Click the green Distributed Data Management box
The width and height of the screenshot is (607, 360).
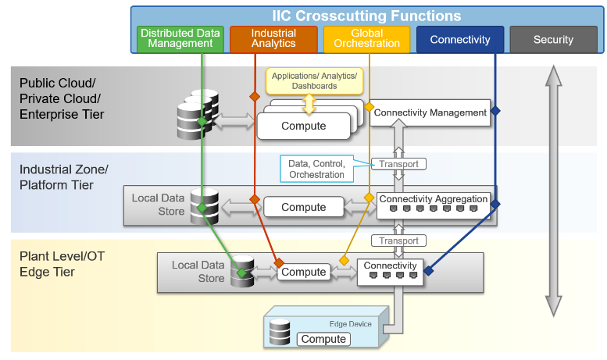point(180,39)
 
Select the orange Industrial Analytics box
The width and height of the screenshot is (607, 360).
point(273,39)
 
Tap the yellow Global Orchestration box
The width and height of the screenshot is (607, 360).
point(366,39)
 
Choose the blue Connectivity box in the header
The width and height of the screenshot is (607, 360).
point(459,39)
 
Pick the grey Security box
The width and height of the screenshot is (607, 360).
point(553,39)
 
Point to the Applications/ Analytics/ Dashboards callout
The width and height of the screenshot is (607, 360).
point(309,80)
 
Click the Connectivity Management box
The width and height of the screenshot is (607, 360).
point(430,112)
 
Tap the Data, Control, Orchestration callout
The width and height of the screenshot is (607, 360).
point(316,169)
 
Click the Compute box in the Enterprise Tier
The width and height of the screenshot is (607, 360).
point(303,127)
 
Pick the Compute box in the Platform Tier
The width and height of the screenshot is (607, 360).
point(303,207)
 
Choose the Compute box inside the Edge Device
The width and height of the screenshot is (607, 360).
point(323,339)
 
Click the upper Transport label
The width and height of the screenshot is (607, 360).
point(398,164)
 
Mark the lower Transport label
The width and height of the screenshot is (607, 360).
point(398,241)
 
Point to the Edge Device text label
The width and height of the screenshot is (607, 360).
point(348,323)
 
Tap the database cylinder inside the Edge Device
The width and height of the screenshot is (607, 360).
point(280,332)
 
